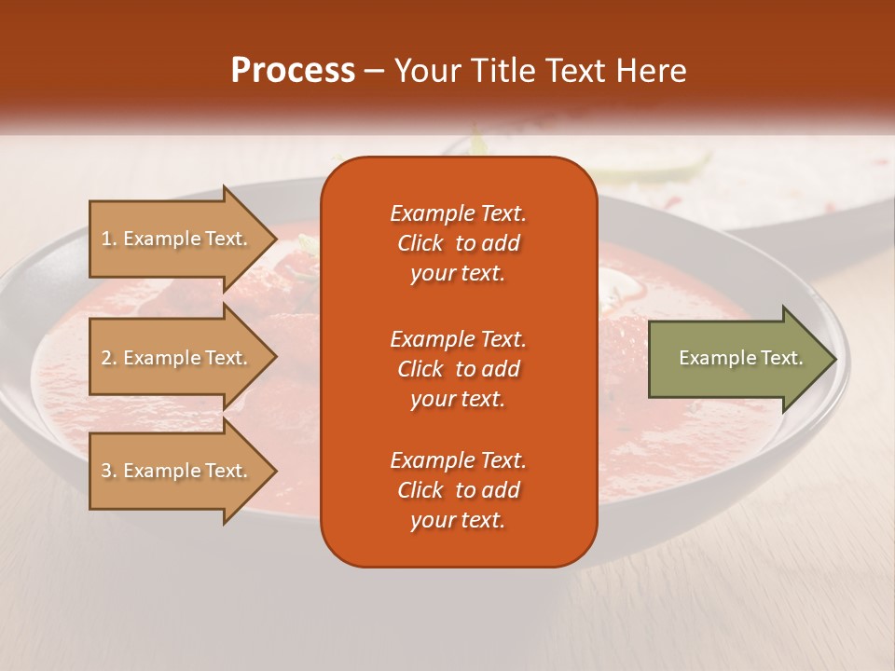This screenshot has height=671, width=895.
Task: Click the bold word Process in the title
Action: pos(293,71)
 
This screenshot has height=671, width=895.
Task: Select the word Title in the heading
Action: pos(503,71)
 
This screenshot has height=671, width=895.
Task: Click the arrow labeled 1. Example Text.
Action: pos(177,239)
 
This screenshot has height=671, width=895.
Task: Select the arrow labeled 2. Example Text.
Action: pos(177,358)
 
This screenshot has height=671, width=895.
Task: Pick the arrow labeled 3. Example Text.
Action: pos(177,471)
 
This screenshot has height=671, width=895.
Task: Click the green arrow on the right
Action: pos(737,359)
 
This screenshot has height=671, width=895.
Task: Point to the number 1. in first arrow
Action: pos(109,239)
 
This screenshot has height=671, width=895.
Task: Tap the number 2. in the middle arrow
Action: pos(109,358)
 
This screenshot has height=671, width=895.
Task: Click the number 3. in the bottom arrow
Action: pos(109,471)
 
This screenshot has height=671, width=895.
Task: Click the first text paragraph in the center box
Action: pos(458,243)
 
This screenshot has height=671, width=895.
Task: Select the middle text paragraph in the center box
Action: pos(458,369)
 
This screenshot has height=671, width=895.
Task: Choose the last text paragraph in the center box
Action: pos(458,490)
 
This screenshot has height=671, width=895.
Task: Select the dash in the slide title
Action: pos(374,71)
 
